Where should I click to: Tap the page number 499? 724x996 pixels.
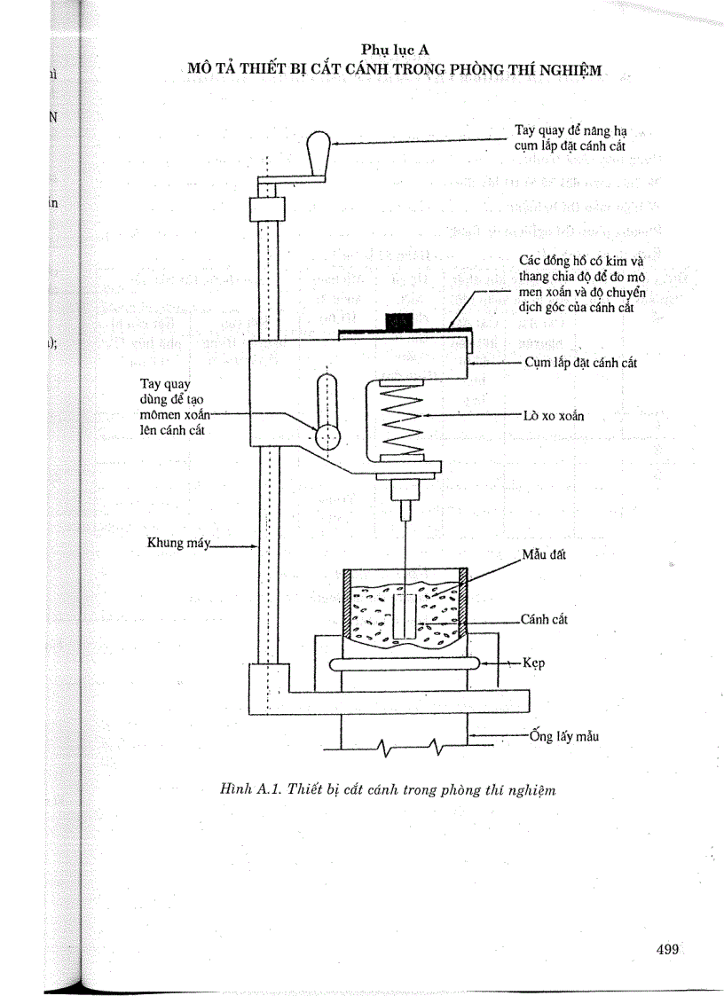tap(667, 949)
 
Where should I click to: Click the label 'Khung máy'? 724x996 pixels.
tap(177, 543)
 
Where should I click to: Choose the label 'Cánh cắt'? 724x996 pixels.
tap(544, 619)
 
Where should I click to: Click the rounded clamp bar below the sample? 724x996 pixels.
tap(404, 663)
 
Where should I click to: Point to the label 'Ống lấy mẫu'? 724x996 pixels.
tap(563, 735)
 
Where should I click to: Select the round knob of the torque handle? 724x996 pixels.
tap(327, 435)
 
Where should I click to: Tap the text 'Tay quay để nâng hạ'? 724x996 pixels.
tap(571, 130)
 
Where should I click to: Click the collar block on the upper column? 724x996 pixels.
tap(265, 210)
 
